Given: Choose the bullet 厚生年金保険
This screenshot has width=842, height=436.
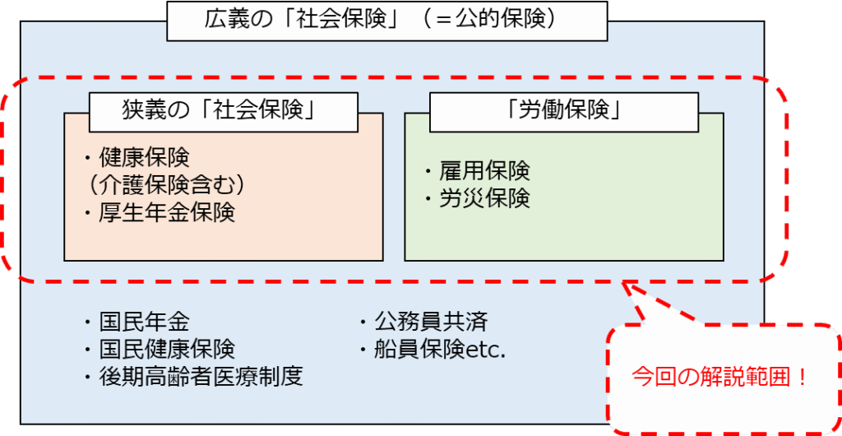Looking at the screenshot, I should [165, 212].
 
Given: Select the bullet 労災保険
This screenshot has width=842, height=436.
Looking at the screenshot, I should [482, 198].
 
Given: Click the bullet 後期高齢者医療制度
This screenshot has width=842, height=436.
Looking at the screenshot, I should [198, 377].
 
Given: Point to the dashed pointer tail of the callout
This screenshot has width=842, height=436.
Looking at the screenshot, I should [650, 308].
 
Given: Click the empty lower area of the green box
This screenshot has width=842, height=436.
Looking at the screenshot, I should [563, 234].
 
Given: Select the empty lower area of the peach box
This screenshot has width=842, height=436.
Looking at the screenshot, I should [223, 243].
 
